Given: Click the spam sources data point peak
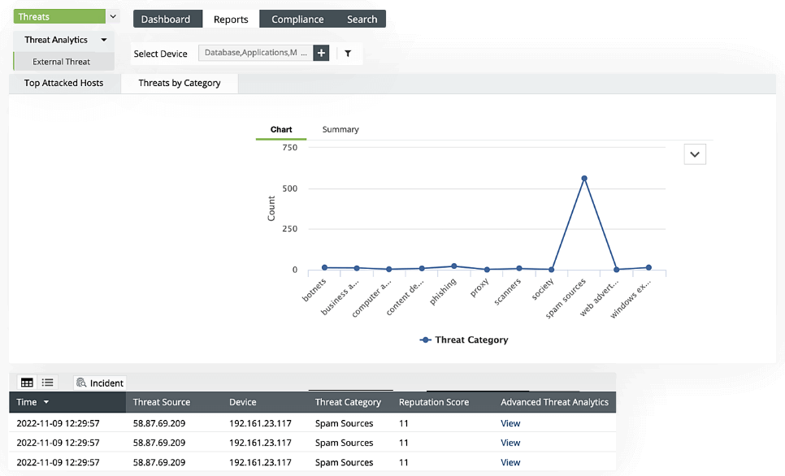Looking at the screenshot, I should click(583, 179).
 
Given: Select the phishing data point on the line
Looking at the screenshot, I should click(453, 266).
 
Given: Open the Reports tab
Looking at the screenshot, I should click(231, 19).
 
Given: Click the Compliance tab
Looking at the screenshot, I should click(297, 19).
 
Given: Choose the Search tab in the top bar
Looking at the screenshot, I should click(362, 19).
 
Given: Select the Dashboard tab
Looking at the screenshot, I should click(166, 19).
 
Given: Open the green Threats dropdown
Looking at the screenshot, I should click(66, 16).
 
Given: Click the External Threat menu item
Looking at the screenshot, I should click(61, 62).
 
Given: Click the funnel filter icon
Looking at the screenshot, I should click(348, 54).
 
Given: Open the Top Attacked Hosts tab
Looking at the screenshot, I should click(64, 83).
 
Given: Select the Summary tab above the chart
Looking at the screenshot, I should click(340, 129).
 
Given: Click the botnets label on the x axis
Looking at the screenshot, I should click(314, 288).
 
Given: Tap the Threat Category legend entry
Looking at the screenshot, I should click(464, 340).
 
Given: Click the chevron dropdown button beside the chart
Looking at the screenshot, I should click(695, 154).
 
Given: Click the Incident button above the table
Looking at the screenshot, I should click(99, 383).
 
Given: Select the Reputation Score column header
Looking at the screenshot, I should click(434, 402).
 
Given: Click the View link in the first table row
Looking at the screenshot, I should click(510, 423).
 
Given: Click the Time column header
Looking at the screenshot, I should click(33, 402).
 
